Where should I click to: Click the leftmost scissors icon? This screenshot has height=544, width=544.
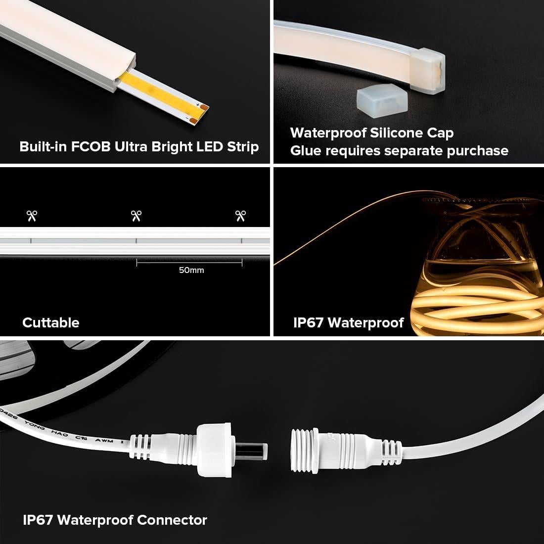[32, 216]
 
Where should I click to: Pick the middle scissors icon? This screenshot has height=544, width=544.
[136, 216]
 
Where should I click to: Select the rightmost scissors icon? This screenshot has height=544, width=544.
[241, 216]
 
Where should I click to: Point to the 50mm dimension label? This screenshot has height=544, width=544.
[191, 270]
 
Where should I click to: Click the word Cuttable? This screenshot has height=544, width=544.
[50, 322]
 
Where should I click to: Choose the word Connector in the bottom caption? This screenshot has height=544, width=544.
[172, 520]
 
